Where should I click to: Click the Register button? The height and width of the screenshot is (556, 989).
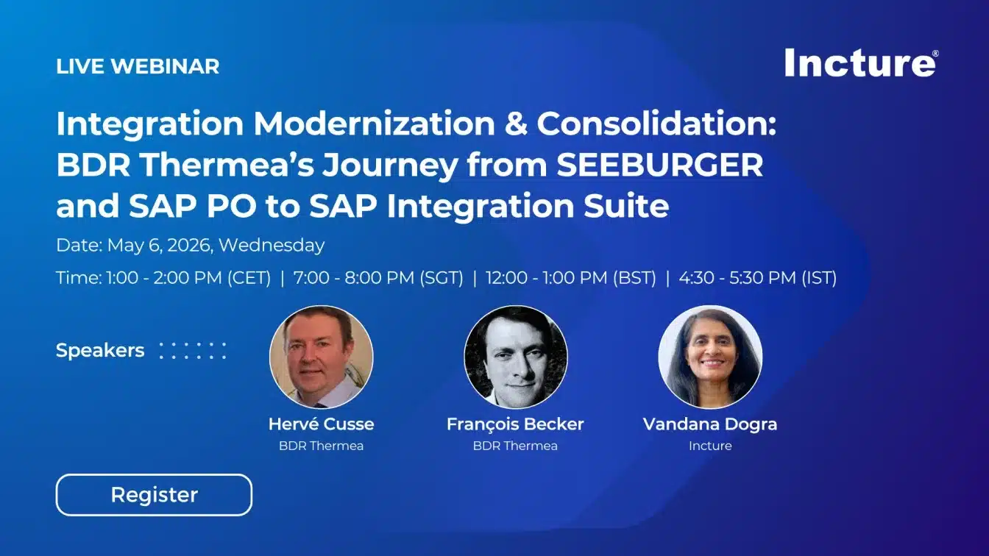pyautogui.click(x=154, y=495)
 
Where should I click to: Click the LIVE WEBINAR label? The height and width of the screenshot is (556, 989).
pyautogui.click(x=138, y=66)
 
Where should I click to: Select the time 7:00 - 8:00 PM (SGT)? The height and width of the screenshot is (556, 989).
pyautogui.click(x=378, y=278)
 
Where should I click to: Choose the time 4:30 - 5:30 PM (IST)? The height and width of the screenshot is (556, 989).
pyautogui.click(x=757, y=278)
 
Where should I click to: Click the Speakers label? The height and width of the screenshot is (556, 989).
pyautogui.click(x=100, y=350)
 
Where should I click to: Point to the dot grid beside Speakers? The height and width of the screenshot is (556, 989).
pyautogui.click(x=192, y=350)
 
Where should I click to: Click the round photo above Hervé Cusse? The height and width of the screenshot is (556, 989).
pyautogui.click(x=321, y=357)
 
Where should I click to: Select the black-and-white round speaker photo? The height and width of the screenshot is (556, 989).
pyautogui.click(x=516, y=357)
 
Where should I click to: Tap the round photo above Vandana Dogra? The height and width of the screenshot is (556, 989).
pyautogui.click(x=710, y=357)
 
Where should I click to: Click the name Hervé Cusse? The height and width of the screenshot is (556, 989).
pyautogui.click(x=321, y=424)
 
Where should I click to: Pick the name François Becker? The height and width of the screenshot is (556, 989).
pyautogui.click(x=515, y=424)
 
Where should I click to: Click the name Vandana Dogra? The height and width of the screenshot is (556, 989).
pyautogui.click(x=710, y=424)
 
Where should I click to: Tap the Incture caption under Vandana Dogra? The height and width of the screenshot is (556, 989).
pyautogui.click(x=710, y=446)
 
